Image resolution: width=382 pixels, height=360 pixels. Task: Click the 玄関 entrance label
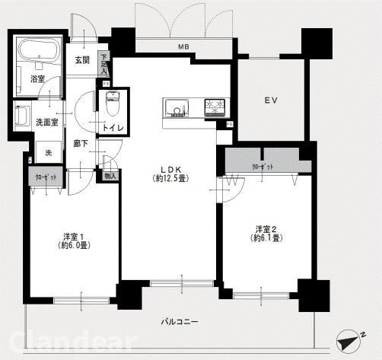(82, 61)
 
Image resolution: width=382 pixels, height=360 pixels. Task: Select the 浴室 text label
(37, 78)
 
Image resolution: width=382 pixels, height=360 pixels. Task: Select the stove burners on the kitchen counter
(214, 107)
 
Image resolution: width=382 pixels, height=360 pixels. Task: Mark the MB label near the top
(183, 47)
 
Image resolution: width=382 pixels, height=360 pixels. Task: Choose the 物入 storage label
(110, 176)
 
